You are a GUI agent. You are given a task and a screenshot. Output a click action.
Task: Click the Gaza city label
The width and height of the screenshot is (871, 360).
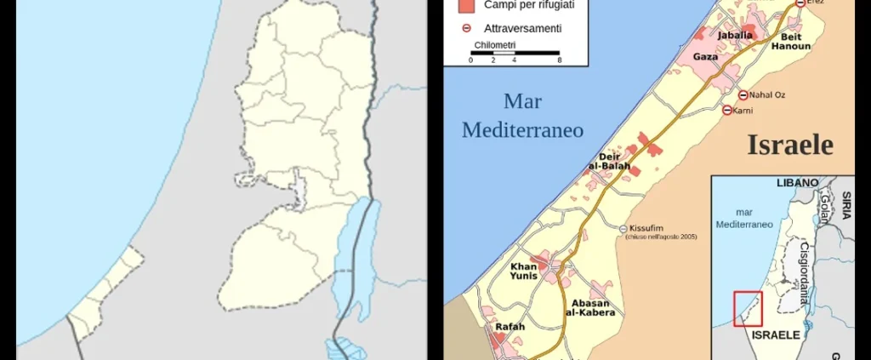706,57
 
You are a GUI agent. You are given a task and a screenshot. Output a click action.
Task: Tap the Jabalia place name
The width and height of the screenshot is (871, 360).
736,36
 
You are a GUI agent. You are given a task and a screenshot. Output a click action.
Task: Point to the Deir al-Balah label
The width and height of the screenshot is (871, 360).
609,161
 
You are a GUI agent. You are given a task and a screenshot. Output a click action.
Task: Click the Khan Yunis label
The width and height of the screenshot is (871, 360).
523,272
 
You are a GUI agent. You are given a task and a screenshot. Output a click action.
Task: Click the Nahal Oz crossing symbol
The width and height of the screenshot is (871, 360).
743,94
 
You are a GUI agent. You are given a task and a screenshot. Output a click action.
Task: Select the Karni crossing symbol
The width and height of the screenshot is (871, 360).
726,110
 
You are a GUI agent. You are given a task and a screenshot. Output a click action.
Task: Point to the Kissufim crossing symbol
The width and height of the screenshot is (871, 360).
623,229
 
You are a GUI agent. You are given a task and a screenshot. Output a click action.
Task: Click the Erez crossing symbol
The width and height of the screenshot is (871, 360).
800,3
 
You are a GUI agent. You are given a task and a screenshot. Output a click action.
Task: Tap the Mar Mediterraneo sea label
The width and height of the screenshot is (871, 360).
522,116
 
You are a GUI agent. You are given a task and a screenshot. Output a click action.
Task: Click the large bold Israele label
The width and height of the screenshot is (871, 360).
789,145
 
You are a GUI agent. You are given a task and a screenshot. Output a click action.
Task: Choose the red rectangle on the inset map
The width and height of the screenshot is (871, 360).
748,308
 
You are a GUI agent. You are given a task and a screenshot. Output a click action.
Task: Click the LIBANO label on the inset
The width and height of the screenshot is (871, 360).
797,183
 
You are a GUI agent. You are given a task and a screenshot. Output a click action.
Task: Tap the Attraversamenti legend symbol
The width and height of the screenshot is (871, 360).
464,28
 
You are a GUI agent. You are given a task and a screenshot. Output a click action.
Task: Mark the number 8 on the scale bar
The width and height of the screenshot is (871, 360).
559,60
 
